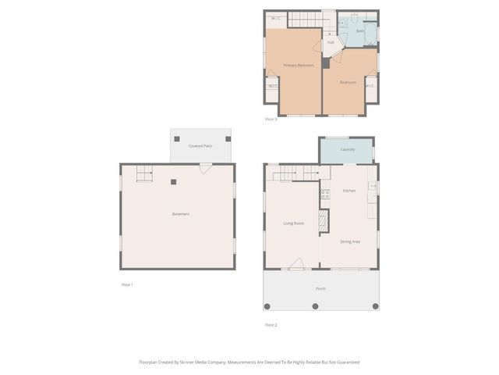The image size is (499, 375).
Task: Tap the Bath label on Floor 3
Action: (x=360, y=30)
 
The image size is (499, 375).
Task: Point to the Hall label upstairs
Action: (x=331, y=42)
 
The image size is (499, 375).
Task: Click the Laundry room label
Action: (x=348, y=149)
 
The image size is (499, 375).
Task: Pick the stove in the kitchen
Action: (x=325, y=194)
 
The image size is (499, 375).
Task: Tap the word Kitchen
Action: (x=349, y=191)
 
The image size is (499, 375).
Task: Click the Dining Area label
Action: (x=350, y=241)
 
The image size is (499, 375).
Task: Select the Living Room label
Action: (x=293, y=224)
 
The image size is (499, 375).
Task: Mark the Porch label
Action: (x=320, y=289)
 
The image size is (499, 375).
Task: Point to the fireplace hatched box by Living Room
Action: (x=324, y=220)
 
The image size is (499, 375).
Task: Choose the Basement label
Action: (x=181, y=214)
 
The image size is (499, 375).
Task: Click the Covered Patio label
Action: (x=200, y=146)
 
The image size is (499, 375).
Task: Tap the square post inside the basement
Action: (x=174, y=182)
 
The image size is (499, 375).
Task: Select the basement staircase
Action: (x=145, y=175)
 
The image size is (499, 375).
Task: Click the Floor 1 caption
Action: (x=127, y=284)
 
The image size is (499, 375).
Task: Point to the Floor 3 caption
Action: (x=271, y=119)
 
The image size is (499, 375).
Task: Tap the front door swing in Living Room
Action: (x=296, y=264)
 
